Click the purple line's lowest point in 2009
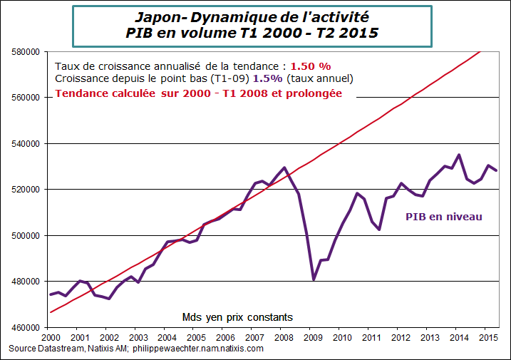(x=314, y=279)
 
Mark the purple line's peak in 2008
(x=284, y=168)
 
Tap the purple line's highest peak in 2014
(x=458, y=155)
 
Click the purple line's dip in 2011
(x=379, y=229)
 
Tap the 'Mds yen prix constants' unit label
(x=238, y=317)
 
